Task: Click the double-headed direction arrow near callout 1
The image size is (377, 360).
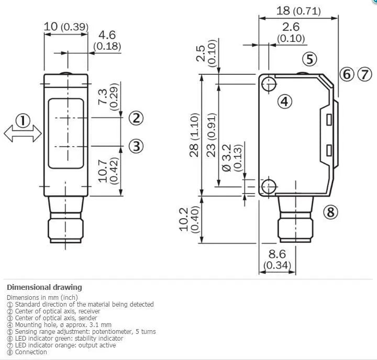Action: pyautogui.click(x=23, y=133)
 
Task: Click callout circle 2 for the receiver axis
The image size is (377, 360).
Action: pyautogui.click(x=136, y=118)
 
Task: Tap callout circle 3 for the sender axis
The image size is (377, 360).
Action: pyautogui.click(x=136, y=146)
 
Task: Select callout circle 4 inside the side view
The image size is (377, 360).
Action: pyautogui.click(x=285, y=101)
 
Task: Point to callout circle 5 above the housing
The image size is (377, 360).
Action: pyautogui.click(x=309, y=59)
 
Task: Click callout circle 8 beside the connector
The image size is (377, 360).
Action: pyautogui.click(x=330, y=212)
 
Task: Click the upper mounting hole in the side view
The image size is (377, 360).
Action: pyautogui.click(x=269, y=84)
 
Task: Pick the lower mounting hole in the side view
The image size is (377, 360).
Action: pyautogui.click(x=269, y=186)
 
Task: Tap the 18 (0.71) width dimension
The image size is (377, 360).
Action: pyautogui.click(x=298, y=11)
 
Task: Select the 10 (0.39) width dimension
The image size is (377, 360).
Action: pyautogui.click(x=66, y=27)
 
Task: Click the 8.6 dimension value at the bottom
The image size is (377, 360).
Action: pyautogui.click(x=277, y=254)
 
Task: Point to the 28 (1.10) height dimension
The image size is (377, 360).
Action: pyautogui.click(x=194, y=135)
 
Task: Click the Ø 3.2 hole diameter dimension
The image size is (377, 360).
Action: pyautogui.click(x=227, y=158)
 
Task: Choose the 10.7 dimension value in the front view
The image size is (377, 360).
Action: pyautogui.click(x=103, y=171)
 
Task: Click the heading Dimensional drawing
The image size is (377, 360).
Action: pyautogui.click(x=45, y=287)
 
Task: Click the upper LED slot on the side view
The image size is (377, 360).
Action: pyautogui.click(x=329, y=120)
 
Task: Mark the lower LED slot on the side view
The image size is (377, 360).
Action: pyautogui.click(x=329, y=150)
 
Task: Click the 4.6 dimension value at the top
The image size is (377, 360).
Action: pyautogui.click(x=107, y=35)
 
